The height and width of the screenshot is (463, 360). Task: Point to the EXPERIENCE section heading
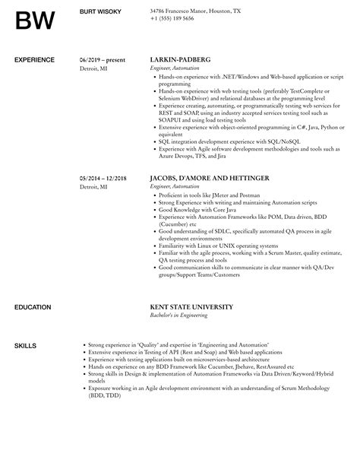coord(35,59)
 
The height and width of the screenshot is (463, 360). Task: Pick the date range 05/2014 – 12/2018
coord(103,179)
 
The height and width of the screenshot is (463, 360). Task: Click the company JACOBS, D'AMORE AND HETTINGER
coord(208,179)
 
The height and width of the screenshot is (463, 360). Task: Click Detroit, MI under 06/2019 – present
coord(93,67)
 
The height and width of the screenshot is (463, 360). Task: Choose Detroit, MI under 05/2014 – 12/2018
coord(93,187)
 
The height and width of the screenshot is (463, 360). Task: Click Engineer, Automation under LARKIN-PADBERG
coord(175,67)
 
